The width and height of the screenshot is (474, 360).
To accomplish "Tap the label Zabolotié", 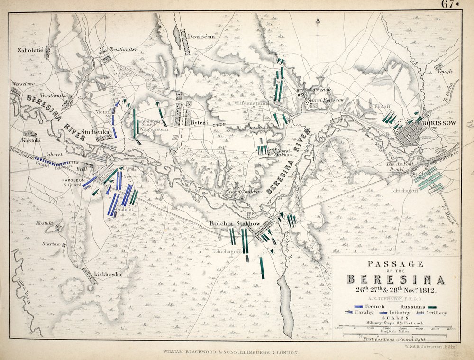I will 30,50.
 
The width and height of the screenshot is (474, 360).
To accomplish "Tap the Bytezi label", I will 200,123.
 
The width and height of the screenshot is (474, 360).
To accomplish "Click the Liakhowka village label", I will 108,274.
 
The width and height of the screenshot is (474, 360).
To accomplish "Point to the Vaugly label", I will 445,72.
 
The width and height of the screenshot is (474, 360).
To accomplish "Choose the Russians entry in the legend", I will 419,307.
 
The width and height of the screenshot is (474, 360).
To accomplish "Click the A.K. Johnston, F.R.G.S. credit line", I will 396,299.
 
